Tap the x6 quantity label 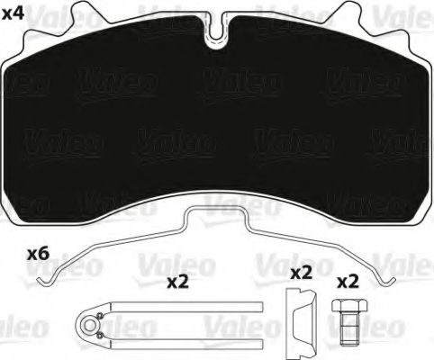[39, 255]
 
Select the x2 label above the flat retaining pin [177, 282]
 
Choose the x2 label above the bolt [348, 281]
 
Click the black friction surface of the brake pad [216, 126]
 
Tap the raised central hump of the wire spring [216, 216]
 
